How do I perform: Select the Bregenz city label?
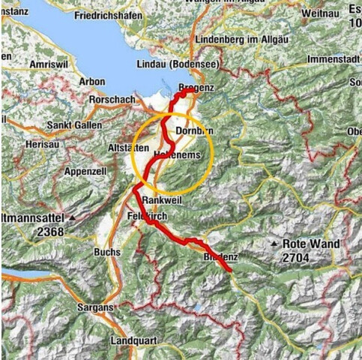[x=197, y=88]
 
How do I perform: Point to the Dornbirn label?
[x=194, y=131]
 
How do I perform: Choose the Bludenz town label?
[x=220, y=257]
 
